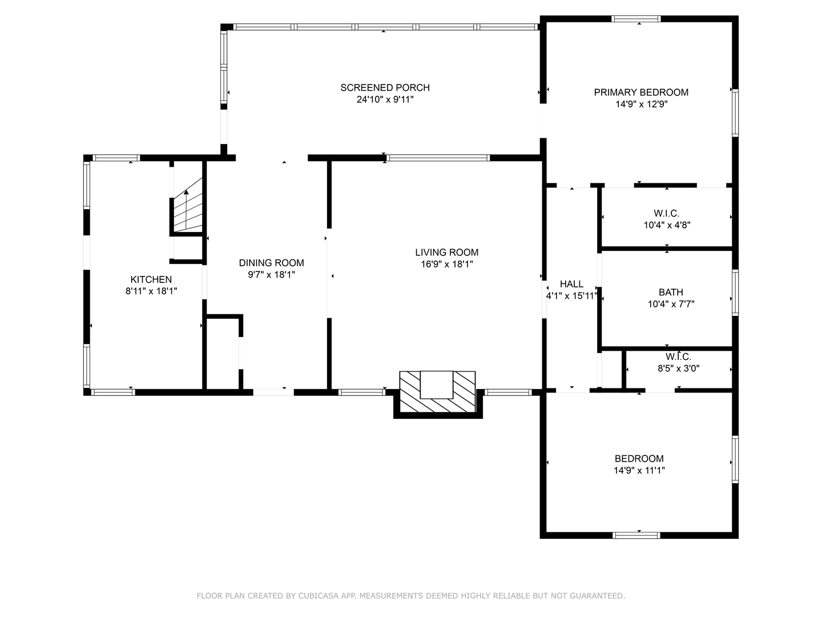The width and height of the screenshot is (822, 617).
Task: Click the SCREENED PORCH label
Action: [385, 87]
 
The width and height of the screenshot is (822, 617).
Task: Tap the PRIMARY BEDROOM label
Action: [641, 92]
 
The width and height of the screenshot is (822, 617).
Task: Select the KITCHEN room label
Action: [151, 279]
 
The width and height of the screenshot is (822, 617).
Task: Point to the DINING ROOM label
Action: [271, 263]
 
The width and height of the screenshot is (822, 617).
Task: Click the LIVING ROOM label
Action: [446, 252]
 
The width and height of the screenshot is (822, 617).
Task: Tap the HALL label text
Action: [571, 284]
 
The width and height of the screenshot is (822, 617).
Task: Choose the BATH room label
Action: [671, 292]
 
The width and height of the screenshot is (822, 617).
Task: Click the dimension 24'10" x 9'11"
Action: [385, 99]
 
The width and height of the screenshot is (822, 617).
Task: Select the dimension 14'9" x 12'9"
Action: [641, 105]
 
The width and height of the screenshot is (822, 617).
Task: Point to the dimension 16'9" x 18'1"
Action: [446, 265]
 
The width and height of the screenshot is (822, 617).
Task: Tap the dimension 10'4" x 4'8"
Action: [667, 225]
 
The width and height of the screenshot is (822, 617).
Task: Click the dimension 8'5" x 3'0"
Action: [678, 368]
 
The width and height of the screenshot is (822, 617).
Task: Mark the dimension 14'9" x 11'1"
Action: [639, 471]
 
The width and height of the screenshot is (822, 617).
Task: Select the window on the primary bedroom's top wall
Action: [636, 19]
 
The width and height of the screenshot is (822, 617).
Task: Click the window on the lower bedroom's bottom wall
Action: [636, 535]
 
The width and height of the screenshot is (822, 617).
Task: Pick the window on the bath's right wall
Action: [735, 293]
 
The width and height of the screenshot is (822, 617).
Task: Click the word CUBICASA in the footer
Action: [317, 596]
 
